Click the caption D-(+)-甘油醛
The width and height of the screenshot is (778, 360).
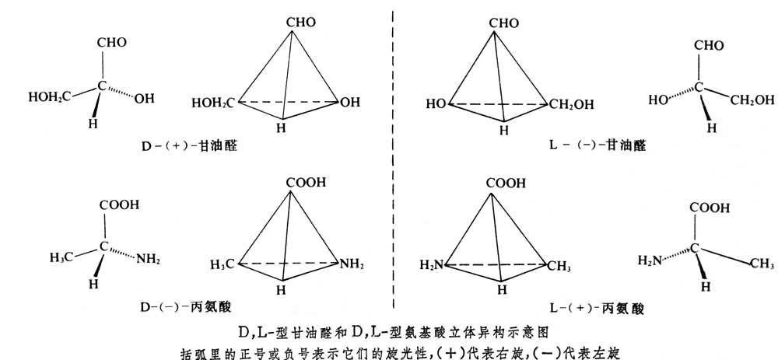coord(191,145)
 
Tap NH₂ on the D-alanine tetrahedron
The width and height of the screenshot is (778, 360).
coord(352,264)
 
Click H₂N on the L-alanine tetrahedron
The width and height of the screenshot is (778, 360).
coord(433,265)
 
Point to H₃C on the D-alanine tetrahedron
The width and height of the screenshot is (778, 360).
coord(222,264)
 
